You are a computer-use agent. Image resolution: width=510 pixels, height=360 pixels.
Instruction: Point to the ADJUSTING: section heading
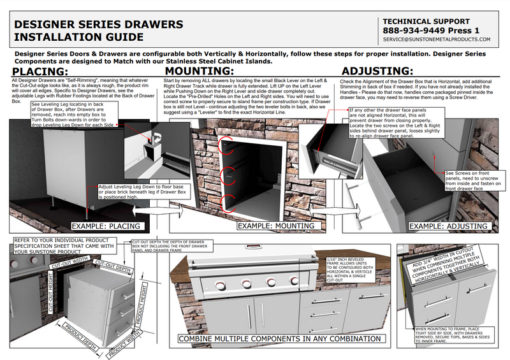click(x=377, y=71)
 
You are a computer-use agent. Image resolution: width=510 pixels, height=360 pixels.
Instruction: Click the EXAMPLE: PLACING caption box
click(x=106, y=226)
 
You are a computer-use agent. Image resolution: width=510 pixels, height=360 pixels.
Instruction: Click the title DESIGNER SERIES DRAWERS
click(x=99, y=25)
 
